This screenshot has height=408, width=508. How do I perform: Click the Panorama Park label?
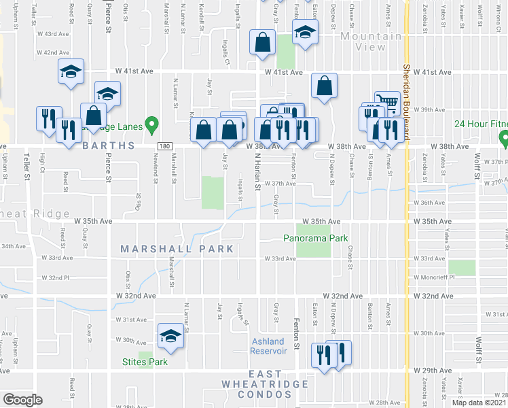pos(316,238)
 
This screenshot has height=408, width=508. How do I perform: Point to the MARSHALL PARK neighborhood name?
pos(177,249)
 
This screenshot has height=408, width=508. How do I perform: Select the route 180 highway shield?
pos(164,146)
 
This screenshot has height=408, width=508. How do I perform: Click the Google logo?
pos(22,399)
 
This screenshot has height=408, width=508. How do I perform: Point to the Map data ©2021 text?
pos(479,403)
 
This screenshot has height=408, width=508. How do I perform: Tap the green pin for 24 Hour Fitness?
pos(504,139)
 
